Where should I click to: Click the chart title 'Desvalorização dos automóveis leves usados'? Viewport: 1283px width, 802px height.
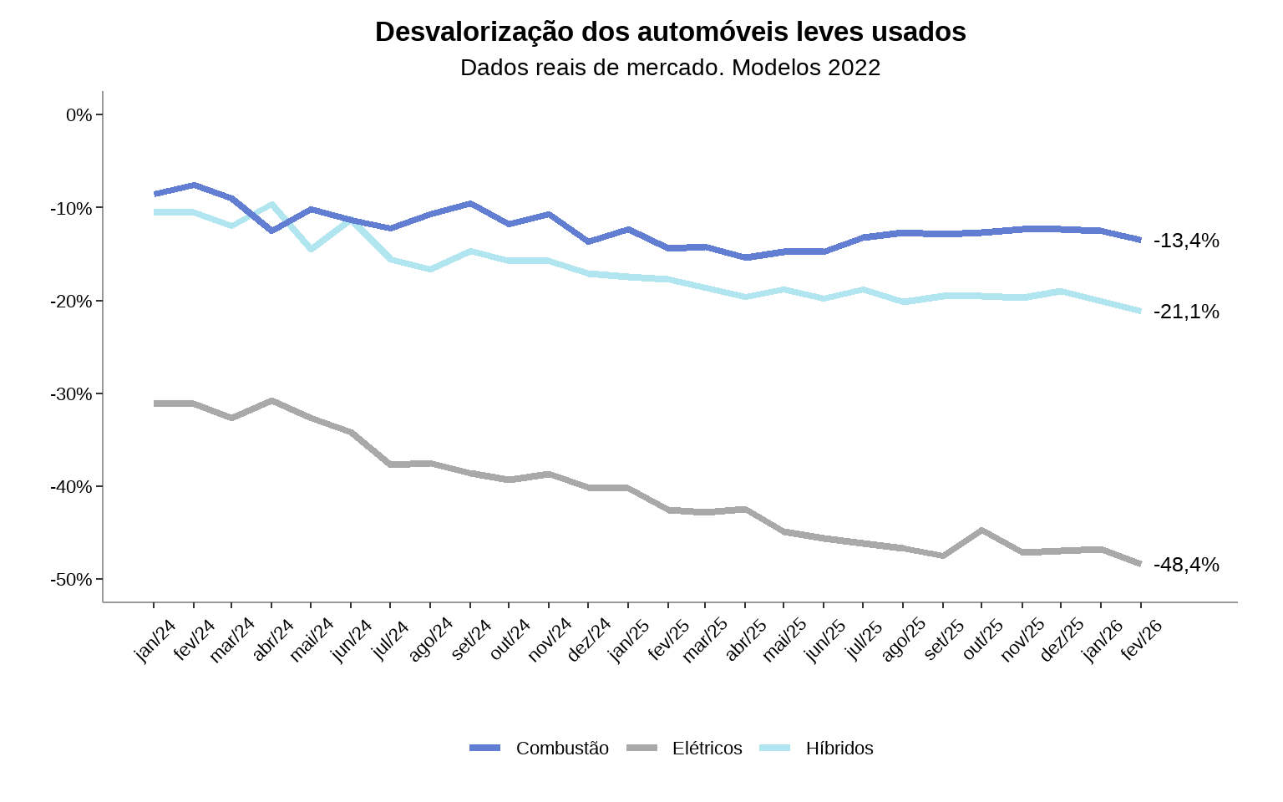pos(670,32)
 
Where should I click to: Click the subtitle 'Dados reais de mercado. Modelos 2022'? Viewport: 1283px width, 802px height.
pos(670,68)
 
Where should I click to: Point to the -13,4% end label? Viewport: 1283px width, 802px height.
pos(1186,241)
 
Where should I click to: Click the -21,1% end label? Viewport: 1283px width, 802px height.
pos(1186,312)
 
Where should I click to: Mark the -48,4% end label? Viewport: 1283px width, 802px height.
pos(1186,566)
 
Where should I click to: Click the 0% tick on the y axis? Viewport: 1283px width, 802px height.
pos(79,115)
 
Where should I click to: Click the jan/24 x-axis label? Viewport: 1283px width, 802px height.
pos(155,641)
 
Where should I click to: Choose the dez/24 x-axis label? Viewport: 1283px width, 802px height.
pos(590,641)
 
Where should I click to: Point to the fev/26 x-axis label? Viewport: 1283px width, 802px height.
pos(1142,641)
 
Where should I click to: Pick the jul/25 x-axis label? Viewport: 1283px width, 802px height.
pos(865,641)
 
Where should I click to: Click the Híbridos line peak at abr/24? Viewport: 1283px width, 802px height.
pos(271,204)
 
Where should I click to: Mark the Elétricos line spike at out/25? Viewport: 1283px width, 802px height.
pos(981,530)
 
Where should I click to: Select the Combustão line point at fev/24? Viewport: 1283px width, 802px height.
pos(194,185)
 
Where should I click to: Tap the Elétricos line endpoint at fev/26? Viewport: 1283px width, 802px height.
pos(1139,564)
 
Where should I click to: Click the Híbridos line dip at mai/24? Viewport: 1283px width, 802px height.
pos(311,249)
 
